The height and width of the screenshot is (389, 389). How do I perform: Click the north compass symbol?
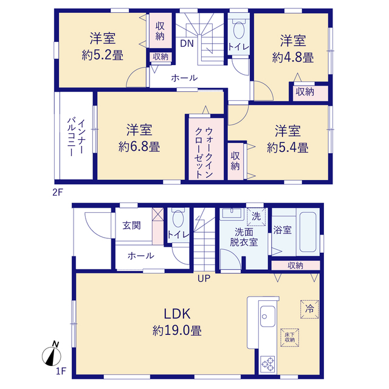pyautogui.click(x=52, y=354)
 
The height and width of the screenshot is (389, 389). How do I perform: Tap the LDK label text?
pyautogui.click(x=177, y=314)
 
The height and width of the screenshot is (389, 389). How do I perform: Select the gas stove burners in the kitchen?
pyautogui.click(x=267, y=364)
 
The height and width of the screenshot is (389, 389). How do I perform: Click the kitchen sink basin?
pyautogui.click(x=267, y=316)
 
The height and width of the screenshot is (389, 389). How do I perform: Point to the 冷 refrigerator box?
pyautogui.click(x=309, y=309)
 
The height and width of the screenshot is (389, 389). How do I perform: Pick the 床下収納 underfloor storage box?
pyautogui.click(x=290, y=338)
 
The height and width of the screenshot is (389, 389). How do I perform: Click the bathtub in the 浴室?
pyautogui.click(x=308, y=232)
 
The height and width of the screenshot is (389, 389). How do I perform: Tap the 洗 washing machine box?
pyautogui.click(x=256, y=216)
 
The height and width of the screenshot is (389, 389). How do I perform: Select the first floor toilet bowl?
pyautogui.click(x=178, y=219)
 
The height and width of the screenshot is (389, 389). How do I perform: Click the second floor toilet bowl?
pyautogui.click(x=239, y=30)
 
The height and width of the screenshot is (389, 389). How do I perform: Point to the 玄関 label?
pyautogui.click(x=132, y=225)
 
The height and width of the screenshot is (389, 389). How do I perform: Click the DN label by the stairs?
pyautogui.click(x=187, y=44)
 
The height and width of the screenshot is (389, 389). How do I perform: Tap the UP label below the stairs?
pyautogui.click(x=204, y=278)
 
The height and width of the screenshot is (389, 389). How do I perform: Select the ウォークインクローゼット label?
pyautogui.click(x=204, y=153)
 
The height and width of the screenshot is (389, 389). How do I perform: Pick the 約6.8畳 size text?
pyautogui.click(x=139, y=147)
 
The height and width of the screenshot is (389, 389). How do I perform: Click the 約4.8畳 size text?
pyautogui.click(x=293, y=58)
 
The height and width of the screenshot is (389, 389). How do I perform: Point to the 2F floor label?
pyautogui.click(x=58, y=192)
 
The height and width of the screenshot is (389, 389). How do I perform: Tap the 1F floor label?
pyautogui.click(x=61, y=371)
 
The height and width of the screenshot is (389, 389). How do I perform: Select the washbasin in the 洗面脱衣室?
pyautogui.click(x=232, y=213)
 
